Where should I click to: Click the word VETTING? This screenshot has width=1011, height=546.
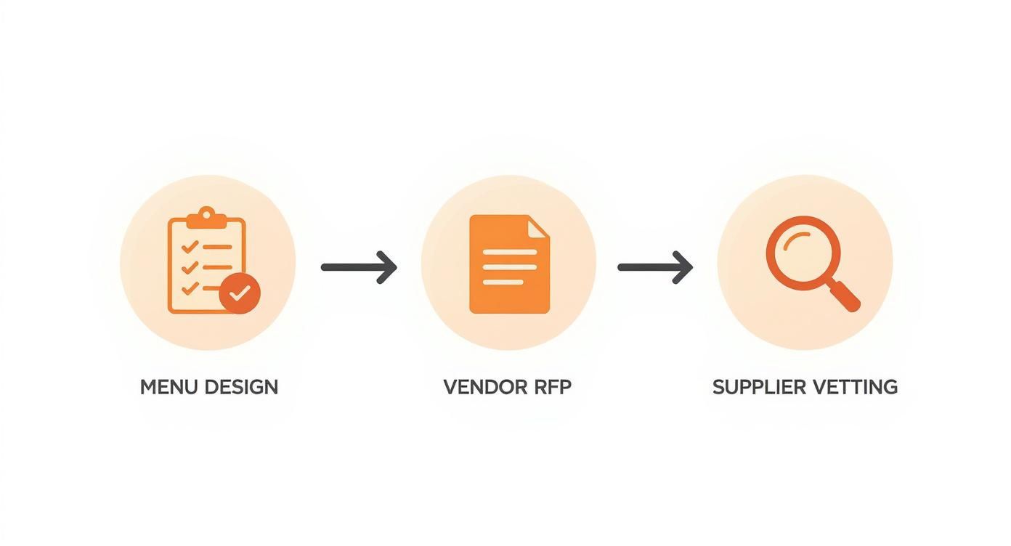click(x=854, y=387)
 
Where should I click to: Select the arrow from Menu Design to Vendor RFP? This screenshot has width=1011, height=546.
click(x=359, y=267)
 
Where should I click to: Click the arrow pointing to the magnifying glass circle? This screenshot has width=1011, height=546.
click(x=654, y=267)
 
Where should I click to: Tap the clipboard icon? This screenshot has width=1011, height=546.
click(x=206, y=265)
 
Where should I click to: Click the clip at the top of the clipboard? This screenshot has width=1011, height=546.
click(x=207, y=215)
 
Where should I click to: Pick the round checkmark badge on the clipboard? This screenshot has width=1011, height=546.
click(x=240, y=293)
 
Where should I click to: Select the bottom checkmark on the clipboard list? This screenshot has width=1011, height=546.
click(x=190, y=288)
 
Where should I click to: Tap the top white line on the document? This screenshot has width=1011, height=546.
click(x=510, y=252)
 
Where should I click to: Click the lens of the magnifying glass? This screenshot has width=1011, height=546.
click(x=803, y=252)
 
